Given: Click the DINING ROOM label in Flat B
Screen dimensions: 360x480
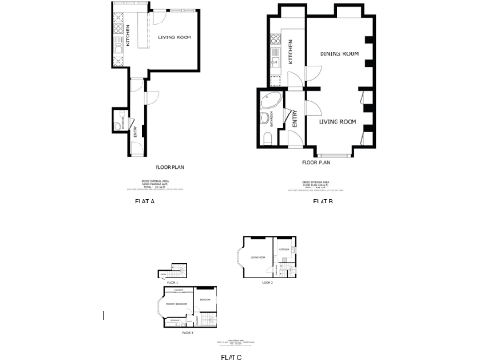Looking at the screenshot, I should pyautogui.click(x=339, y=54).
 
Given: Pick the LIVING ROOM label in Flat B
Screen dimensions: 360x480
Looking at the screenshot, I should pyautogui.click(x=337, y=122).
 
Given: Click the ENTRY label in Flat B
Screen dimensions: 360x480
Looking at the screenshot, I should pyautogui.click(x=294, y=119).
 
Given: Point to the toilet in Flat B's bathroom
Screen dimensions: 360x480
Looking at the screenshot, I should pyautogui.click(x=268, y=140).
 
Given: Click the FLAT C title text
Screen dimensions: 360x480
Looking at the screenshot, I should pyautogui.click(x=232, y=356).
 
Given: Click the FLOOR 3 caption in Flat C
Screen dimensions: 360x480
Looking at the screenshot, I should pyautogui.click(x=187, y=332).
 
